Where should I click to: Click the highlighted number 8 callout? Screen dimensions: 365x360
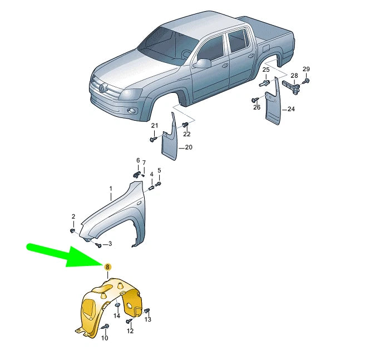pyautogui.click(x=107, y=267)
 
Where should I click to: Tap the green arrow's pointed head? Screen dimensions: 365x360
pyautogui.click(x=103, y=265)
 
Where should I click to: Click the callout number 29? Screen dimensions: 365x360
pyautogui.click(x=306, y=69)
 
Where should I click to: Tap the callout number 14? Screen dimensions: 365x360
pyautogui.click(x=117, y=315)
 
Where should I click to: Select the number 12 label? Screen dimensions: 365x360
pyautogui.click(x=130, y=331)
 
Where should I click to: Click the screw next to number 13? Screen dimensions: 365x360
pyautogui.click(x=147, y=311)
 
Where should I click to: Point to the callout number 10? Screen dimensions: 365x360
pyautogui.click(x=105, y=338)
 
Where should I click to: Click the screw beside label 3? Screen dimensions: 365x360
pyautogui.click(x=98, y=245)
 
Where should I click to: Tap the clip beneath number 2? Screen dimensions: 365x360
pyautogui.click(x=72, y=231)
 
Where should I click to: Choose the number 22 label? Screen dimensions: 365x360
pyautogui.click(x=187, y=134)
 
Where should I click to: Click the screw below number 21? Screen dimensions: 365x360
pyautogui.click(x=153, y=140)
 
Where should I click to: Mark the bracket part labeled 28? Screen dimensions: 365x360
pyautogui.click(x=291, y=87)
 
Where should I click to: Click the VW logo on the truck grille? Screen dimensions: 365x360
pyautogui.click(x=102, y=87)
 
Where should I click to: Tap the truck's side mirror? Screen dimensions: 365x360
pyautogui.click(x=202, y=63)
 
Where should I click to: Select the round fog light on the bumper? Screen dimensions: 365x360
pyautogui.click(x=131, y=111)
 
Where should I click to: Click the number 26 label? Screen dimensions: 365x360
pyautogui.click(x=257, y=107)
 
